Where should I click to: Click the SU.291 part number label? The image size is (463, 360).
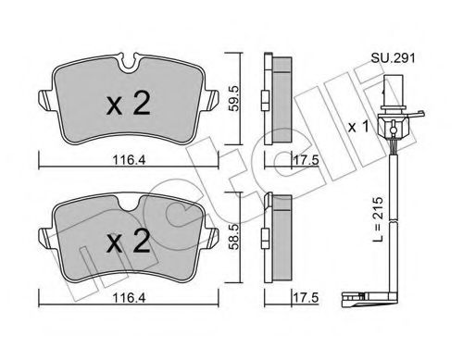click(393, 57)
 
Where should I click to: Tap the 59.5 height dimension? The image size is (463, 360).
click(234, 98)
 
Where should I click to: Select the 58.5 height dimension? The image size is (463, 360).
click(234, 237)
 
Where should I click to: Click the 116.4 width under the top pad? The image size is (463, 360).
click(129, 160)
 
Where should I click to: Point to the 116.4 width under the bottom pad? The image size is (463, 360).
click(129, 298)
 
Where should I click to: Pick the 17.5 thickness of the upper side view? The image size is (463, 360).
click(306, 160)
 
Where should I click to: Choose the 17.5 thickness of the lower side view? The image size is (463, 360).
click(306, 298)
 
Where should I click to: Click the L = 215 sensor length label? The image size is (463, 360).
click(377, 218)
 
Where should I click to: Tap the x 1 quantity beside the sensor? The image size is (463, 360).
click(358, 127)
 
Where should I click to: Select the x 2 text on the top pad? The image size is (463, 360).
click(129, 104)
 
